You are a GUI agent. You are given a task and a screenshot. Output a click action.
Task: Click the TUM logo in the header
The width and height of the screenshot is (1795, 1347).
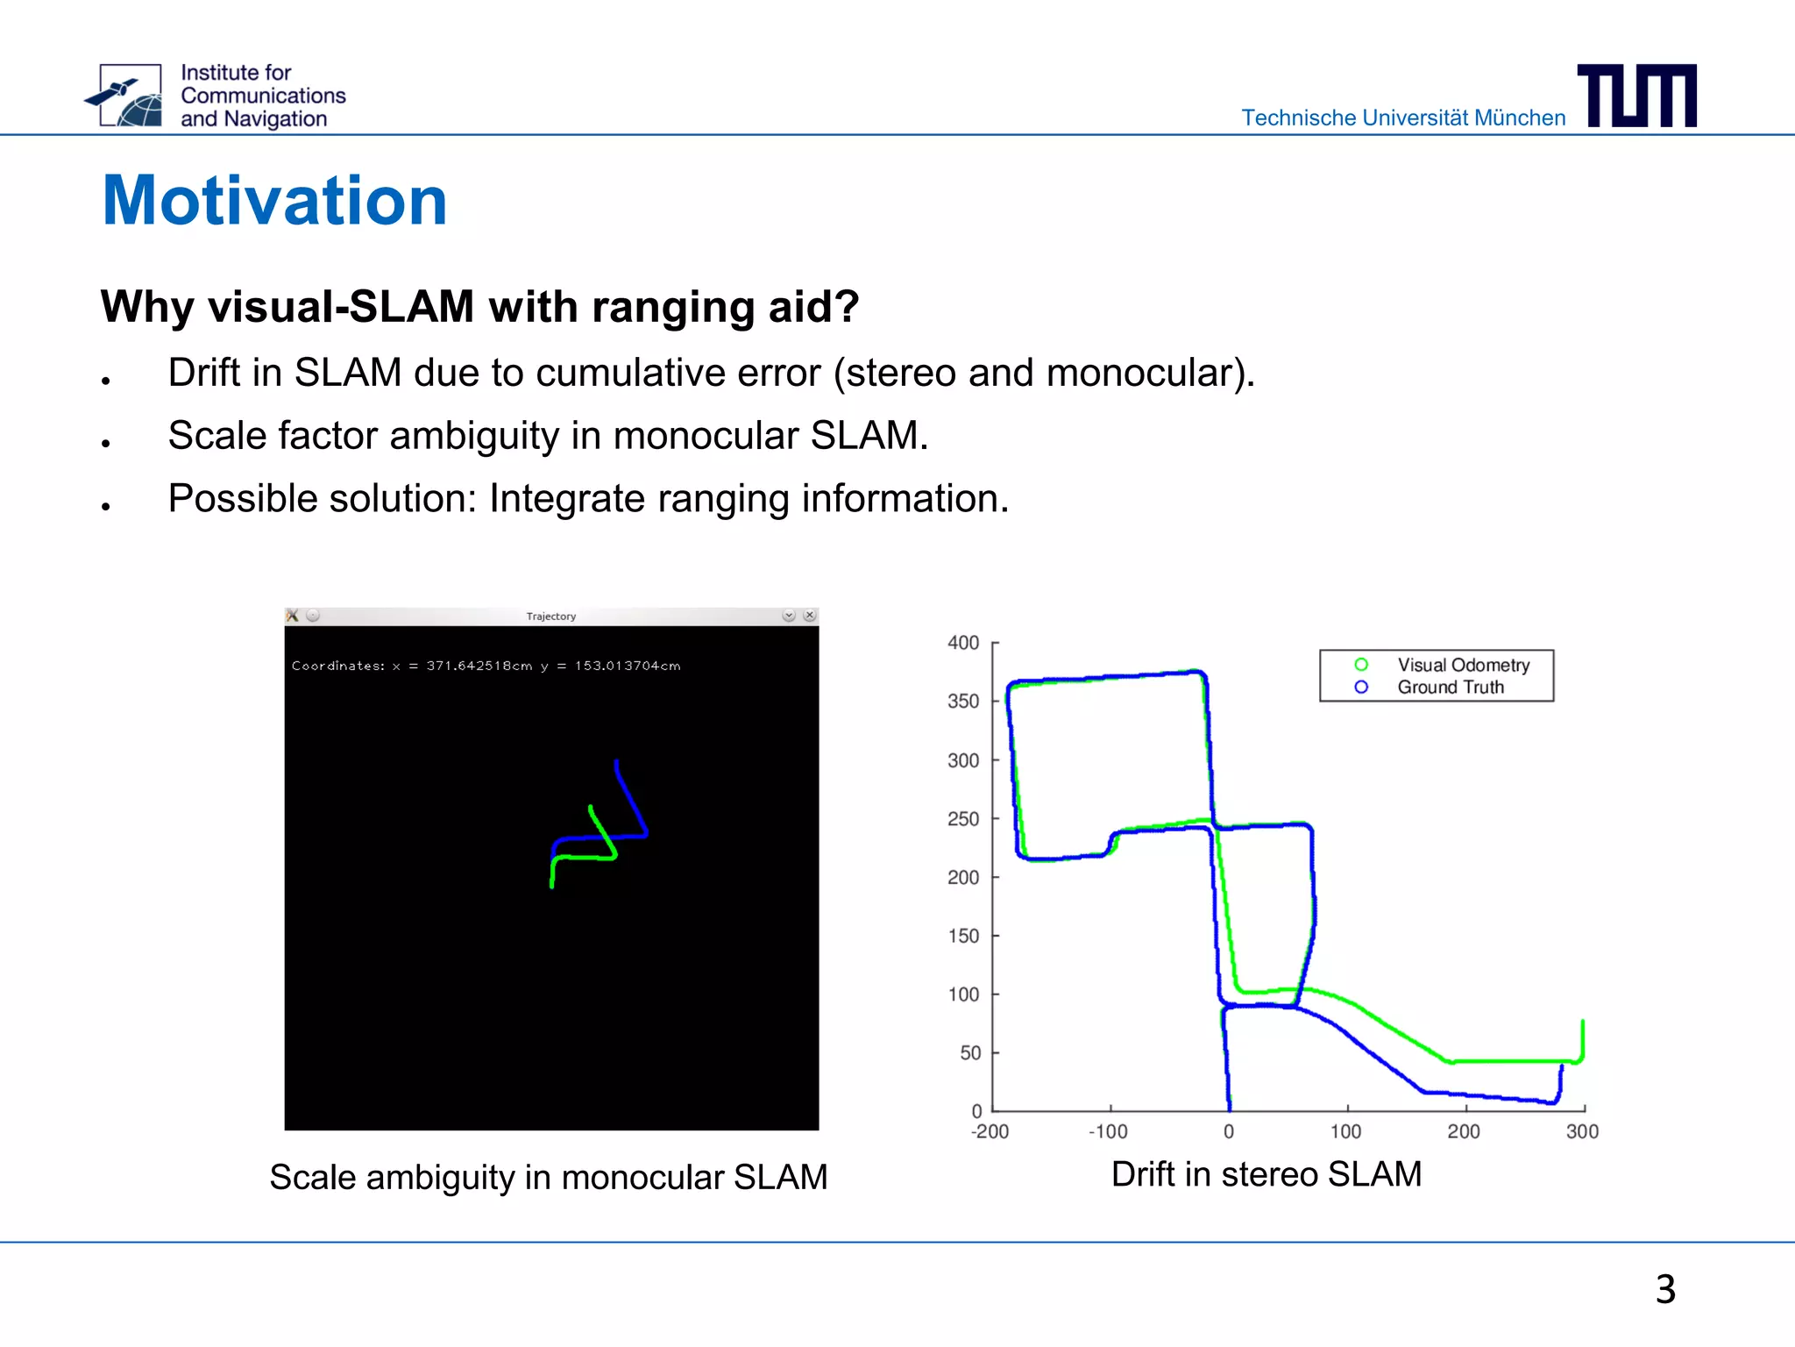tap(1636, 96)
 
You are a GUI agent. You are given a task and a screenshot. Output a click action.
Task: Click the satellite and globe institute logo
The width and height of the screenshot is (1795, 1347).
tap(124, 96)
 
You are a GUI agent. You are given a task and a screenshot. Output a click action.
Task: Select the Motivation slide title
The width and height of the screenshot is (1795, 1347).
tap(274, 201)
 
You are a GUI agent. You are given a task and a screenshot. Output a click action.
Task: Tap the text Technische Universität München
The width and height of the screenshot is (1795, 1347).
tap(1402, 118)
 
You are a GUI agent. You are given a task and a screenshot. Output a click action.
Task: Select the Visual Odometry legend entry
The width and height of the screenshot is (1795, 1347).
tap(1463, 665)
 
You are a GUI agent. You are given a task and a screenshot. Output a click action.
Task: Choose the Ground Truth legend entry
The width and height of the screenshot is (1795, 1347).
tap(1450, 688)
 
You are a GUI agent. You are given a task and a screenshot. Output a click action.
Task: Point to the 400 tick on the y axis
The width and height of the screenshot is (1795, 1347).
tap(963, 643)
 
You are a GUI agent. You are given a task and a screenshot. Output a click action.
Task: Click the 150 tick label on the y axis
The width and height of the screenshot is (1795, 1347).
tap(963, 936)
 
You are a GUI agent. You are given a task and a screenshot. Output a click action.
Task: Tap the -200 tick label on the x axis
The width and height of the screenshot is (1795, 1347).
tap(990, 1132)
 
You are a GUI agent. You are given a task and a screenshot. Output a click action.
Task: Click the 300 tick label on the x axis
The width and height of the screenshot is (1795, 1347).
tap(1582, 1132)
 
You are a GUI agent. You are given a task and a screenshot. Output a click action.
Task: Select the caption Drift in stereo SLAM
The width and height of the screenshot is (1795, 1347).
tap(1266, 1174)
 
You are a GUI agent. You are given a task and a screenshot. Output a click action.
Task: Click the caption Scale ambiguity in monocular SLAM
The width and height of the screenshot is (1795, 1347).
tap(548, 1177)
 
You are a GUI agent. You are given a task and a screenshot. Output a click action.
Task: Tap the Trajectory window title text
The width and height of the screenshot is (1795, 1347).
tap(550, 616)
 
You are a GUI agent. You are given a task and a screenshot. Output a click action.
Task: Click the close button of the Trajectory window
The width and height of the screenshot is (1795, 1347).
tap(810, 616)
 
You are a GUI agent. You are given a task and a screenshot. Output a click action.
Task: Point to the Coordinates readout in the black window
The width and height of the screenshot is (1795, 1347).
tap(486, 666)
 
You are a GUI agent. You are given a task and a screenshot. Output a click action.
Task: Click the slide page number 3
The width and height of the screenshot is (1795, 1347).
tap(1665, 1289)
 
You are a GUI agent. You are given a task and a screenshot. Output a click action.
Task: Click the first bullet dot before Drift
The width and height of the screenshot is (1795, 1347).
tap(105, 381)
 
